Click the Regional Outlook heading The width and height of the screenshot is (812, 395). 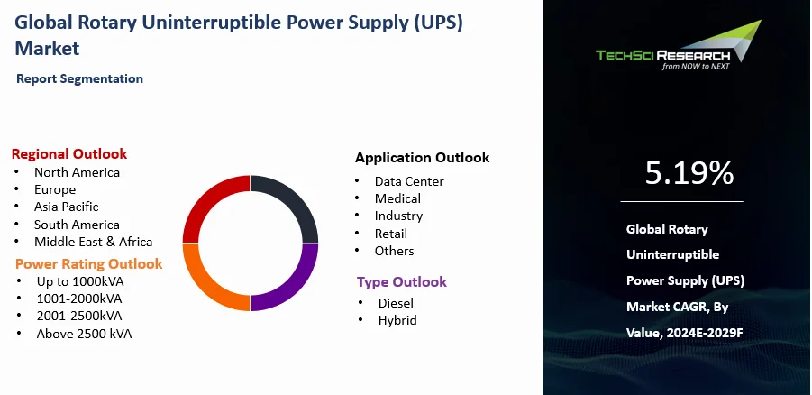69,154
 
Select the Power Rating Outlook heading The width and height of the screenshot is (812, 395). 89,263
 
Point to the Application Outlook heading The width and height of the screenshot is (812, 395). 422,157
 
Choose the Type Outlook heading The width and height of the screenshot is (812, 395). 402,282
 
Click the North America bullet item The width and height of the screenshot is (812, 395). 77,172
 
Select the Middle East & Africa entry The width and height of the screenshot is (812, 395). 93,242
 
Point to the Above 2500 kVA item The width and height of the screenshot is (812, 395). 84,334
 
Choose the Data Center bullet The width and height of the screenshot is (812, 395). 409,181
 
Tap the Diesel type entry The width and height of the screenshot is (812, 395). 396,303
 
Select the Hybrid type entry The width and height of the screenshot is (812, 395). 397,320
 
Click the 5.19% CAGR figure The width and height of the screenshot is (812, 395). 689,172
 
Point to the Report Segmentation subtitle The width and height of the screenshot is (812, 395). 79,78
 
